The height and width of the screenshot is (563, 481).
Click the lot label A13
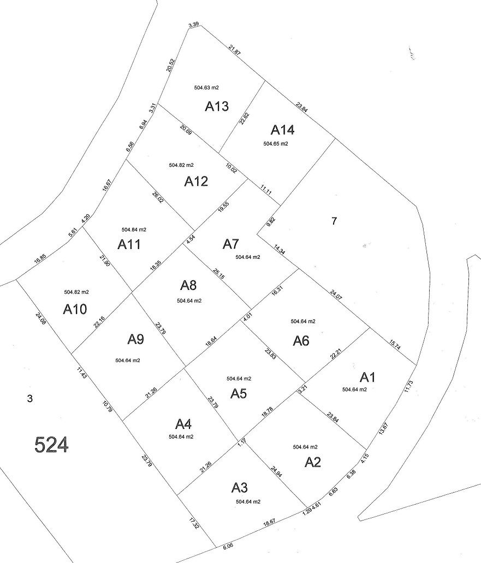(217, 106)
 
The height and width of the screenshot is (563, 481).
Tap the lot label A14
(283, 130)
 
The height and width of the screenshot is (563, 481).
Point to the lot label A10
(75, 310)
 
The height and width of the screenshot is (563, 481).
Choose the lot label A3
(243, 487)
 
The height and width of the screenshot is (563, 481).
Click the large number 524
(51, 445)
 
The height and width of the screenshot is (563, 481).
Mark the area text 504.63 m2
(206, 87)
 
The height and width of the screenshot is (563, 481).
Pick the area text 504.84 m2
(134, 229)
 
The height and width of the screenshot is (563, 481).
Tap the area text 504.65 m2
(275, 144)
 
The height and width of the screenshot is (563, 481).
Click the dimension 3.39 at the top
(193, 25)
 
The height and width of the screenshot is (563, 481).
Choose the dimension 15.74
(395, 346)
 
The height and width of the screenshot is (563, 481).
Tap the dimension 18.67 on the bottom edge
(269, 522)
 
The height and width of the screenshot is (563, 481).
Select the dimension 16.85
(40, 258)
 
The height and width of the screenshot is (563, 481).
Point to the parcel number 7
(335, 221)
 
